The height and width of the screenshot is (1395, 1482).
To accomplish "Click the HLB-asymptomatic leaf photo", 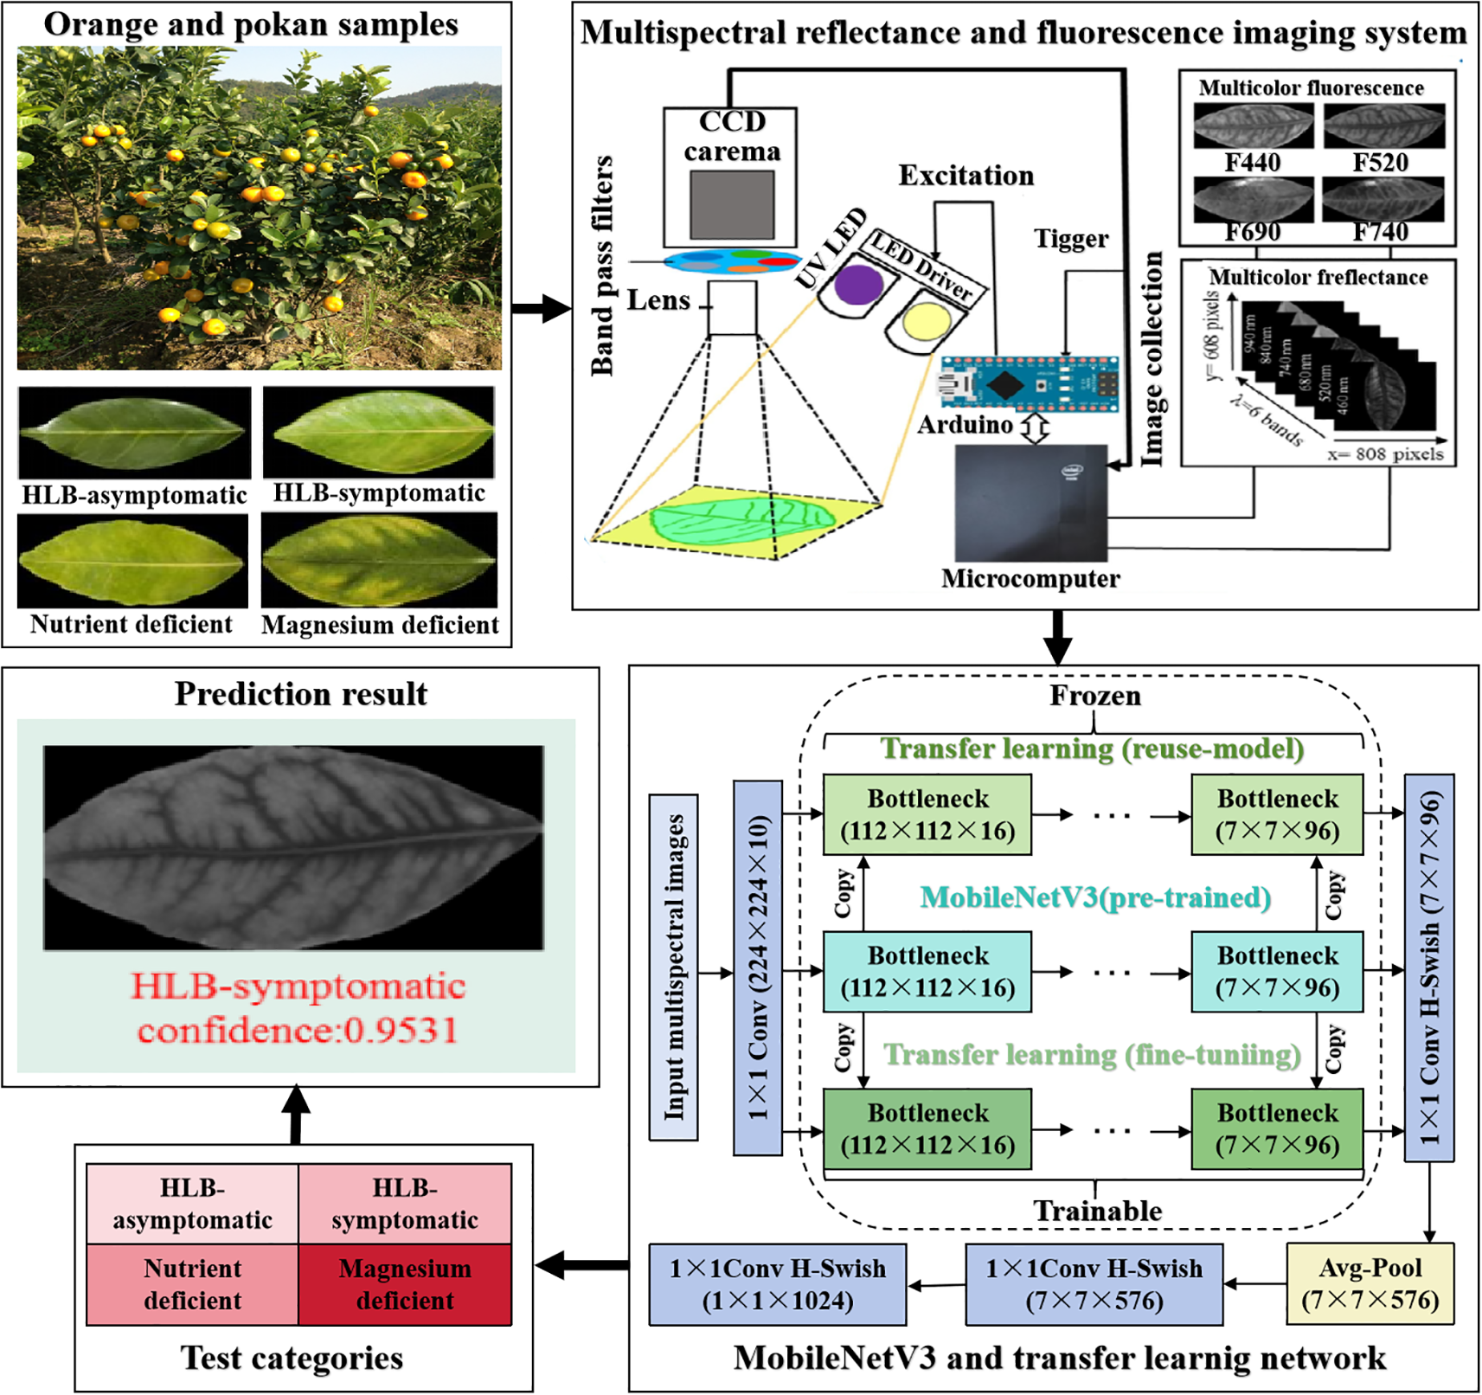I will point(134,432).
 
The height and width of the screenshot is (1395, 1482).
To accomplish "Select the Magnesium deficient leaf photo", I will point(379,560).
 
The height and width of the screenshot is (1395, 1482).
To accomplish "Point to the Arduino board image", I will point(1029,383).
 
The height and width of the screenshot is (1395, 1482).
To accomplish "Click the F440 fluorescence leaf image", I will point(1253,126).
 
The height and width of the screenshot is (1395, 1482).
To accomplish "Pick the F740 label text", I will point(1380,232).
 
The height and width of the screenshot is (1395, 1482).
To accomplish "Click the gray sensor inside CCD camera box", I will point(731,204).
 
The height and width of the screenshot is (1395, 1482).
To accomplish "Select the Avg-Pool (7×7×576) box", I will point(1370,1283).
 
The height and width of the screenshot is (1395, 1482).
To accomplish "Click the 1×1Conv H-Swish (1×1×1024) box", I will point(777,1284).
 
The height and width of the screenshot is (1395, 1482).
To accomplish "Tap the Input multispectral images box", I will point(674,967).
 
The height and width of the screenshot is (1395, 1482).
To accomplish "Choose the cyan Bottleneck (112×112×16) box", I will point(927,972).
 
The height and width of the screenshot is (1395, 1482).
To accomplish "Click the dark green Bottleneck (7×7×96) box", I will point(1277,1128).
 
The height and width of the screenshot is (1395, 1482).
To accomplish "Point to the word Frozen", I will point(1094,696).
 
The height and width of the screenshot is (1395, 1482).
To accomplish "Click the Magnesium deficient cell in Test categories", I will point(404,1284).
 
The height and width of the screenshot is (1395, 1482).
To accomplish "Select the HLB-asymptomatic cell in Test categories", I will point(192,1204).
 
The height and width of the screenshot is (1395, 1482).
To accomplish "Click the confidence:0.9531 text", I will point(297,1030).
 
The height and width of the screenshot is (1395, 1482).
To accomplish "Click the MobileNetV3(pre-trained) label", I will point(1094,897).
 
